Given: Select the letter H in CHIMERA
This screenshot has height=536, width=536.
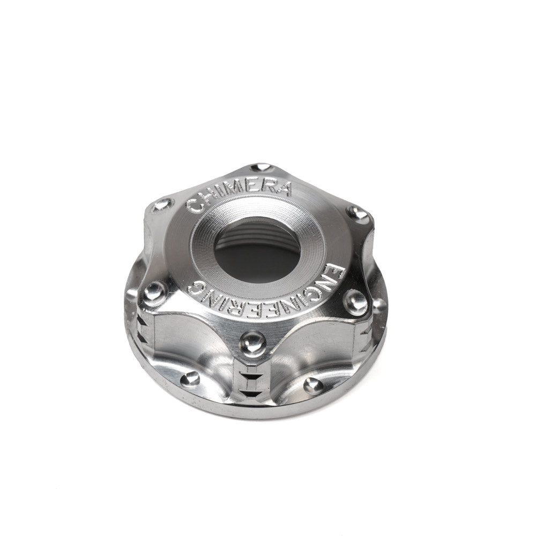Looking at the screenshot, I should (x=206, y=198).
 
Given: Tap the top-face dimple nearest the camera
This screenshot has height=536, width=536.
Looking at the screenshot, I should (x=252, y=341).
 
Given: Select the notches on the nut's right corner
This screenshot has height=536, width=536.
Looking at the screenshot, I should (x=367, y=335).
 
